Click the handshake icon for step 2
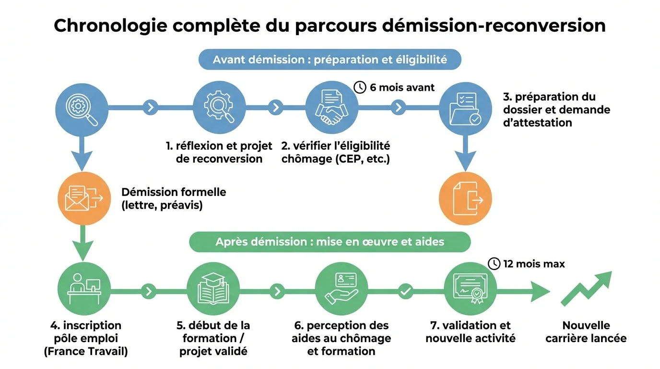(332, 107)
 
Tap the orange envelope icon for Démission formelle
(84, 198)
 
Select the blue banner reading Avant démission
(330, 60)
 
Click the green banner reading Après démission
(330, 242)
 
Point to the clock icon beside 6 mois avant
(360, 87)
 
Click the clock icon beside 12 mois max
(494, 263)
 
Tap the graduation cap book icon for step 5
(213, 288)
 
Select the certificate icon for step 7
(470, 288)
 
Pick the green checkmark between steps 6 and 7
(406, 291)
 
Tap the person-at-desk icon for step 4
(84, 288)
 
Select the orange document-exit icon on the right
(465, 198)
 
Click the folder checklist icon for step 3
(465, 107)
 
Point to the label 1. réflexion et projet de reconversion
(219, 152)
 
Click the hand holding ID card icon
(341, 288)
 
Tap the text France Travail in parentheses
(86, 351)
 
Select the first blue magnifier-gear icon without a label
(82, 107)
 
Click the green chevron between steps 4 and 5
(149, 291)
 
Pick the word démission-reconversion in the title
(494, 25)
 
